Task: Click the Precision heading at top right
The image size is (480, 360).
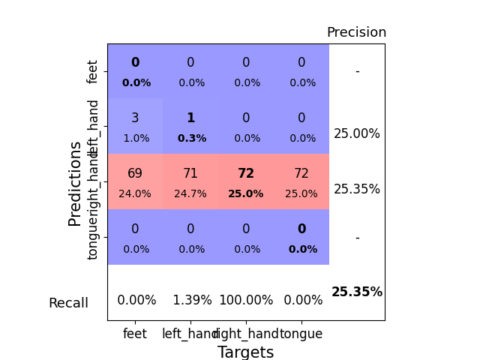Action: pos(356,32)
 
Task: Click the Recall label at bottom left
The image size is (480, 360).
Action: pos(68,303)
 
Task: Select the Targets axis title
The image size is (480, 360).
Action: pos(245,352)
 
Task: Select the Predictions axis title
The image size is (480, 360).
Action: pos(75,183)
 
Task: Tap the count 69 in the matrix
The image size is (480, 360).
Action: pos(135,173)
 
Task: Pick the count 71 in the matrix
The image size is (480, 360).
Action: pos(190,173)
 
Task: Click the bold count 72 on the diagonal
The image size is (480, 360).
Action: pos(246,173)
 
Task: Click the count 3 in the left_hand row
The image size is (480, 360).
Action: pos(135,118)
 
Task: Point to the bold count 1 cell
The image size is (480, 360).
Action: pos(190,118)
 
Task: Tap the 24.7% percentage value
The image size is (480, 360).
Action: pos(190,193)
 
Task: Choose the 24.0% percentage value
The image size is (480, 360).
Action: pos(135,193)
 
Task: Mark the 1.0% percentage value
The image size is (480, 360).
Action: pos(136,138)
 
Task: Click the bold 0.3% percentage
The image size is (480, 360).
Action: pos(191,138)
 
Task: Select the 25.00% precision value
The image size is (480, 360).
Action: pos(357,133)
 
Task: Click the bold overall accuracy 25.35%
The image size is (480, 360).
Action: pos(357,292)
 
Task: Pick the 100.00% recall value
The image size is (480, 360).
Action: pos(246,300)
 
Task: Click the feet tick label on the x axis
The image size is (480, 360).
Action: pos(135,334)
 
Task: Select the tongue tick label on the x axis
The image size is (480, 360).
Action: pos(301,334)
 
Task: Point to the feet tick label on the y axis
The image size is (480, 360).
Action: pos(93,72)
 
